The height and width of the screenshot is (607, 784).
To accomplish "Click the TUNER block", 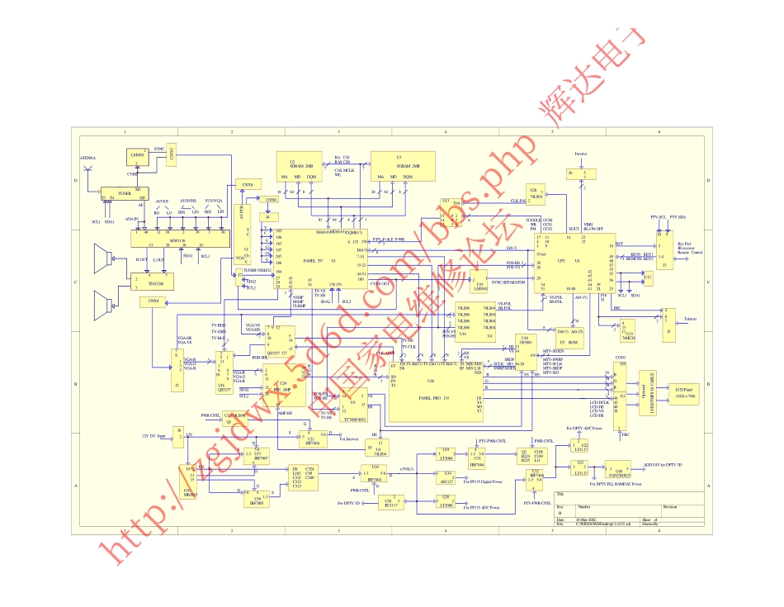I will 125,194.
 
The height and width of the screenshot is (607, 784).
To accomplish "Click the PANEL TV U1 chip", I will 313,260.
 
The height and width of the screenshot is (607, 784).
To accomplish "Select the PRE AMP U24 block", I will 282,387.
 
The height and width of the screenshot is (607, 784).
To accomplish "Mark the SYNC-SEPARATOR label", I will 508,282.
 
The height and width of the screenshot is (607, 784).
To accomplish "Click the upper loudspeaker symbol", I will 103,260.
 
